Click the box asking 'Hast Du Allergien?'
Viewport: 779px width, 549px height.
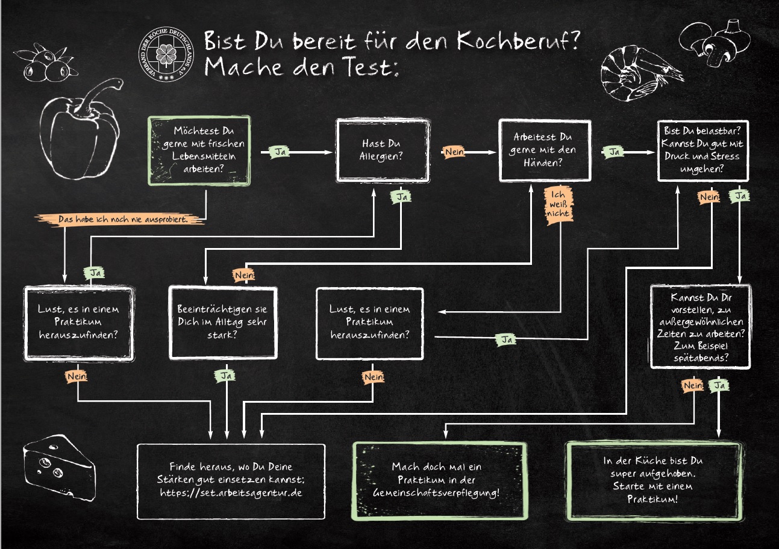point(383,150)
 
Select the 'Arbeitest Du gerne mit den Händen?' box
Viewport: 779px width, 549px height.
point(545,150)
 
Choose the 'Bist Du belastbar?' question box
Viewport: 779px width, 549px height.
point(702,150)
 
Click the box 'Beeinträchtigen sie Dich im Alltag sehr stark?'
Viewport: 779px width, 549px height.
point(223,323)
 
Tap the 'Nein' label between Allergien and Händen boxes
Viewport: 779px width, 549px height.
point(454,152)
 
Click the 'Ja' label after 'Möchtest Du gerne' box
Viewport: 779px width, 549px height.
point(280,152)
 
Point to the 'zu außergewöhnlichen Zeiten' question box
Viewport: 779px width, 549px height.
point(701,326)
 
